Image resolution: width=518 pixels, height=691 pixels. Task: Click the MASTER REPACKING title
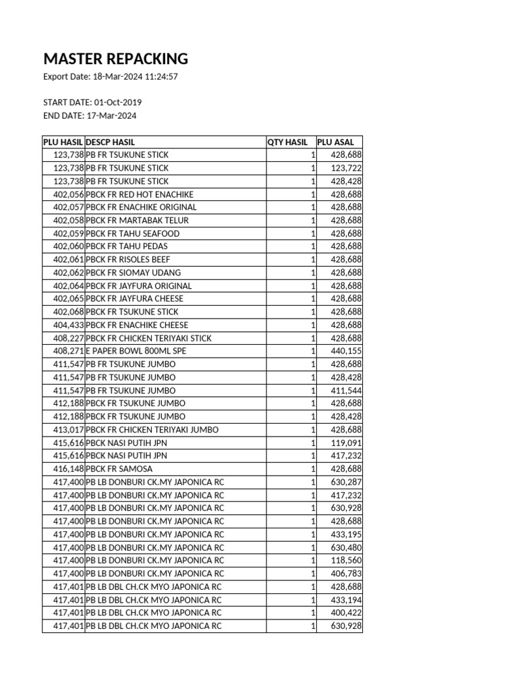[x=115, y=59]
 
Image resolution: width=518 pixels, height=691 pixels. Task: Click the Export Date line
[x=110, y=76]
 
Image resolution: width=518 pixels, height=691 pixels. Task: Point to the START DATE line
[x=92, y=103]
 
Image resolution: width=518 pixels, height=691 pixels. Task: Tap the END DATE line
[x=90, y=115]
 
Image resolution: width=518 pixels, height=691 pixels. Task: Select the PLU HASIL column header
[x=63, y=142]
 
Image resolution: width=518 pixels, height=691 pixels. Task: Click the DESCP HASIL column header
[x=111, y=142]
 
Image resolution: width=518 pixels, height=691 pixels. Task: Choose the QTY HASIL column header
[x=287, y=142]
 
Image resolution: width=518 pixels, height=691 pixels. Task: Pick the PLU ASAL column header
[x=335, y=142]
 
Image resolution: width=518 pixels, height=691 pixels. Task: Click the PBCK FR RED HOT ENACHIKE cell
[x=140, y=194]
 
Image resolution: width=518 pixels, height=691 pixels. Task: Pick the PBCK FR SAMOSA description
[x=119, y=469]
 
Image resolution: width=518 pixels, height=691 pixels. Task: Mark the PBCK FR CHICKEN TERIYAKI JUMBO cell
[x=152, y=430]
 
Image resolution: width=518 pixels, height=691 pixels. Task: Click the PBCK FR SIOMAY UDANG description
[x=134, y=273]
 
